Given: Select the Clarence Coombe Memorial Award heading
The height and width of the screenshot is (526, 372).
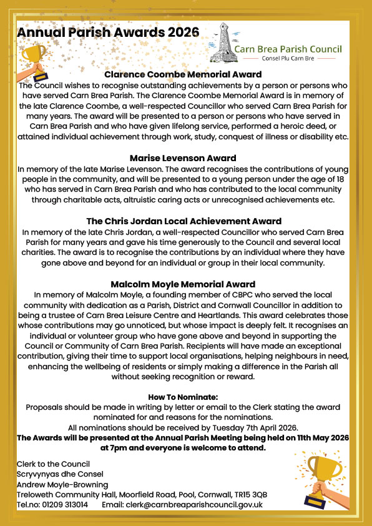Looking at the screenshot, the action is point(182,75).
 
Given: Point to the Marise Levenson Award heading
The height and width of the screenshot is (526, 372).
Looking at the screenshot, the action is point(183,158).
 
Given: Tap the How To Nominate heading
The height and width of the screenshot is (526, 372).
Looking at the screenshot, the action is point(183,397).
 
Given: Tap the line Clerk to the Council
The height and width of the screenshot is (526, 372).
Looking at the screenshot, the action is point(54,464).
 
